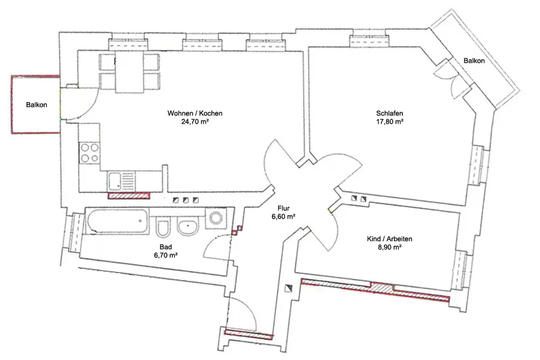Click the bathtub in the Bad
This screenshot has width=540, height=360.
(x=117, y=221)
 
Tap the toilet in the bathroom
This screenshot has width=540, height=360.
(x=163, y=227)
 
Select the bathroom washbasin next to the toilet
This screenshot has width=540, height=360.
(x=188, y=227)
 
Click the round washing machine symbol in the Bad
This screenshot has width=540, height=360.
(x=216, y=218)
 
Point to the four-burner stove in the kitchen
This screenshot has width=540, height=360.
(x=90, y=153)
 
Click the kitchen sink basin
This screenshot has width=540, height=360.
(x=114, y=181)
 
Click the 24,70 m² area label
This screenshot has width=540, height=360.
(x=195, y=121)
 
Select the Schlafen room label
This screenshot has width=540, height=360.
(x=389, y=113)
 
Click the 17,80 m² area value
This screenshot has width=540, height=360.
(x=389, y=121)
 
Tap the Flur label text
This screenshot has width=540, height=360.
(x=283, y=208)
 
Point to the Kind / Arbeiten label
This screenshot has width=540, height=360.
(x=389, y=239)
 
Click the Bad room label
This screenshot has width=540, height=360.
(x=166, y=247)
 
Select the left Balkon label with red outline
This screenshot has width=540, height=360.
(x=37, y=105)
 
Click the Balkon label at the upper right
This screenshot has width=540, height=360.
(x=474, y=61)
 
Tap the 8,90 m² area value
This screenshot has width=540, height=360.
(x=389, y=247)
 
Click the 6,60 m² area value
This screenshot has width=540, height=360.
(x=283, y=216)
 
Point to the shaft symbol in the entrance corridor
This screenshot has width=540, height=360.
(x=288, y=288)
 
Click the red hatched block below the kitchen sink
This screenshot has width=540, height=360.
(x=129, y=196)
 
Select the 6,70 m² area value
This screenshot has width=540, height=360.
(x=166, y=255)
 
